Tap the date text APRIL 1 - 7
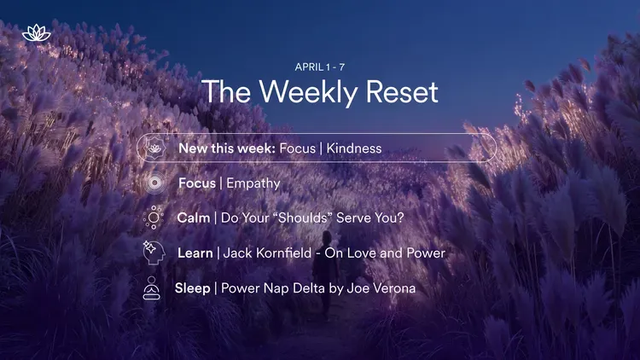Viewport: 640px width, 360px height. pyautogui.click(x=320, y=67)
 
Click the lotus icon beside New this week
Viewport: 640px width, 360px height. pyautogui.click(x=154, y=148)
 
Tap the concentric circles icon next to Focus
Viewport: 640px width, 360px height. pyautogui.click(x=154, y=183)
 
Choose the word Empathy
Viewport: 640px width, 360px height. pyautogui.click(x=253, y=183)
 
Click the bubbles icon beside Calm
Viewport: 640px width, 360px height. pyautogui.click(x=154, y=218)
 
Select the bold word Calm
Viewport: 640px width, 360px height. pyautogui.click(x=194, y=218)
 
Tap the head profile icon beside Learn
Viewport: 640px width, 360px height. pyautogui.click(x=154, y=253)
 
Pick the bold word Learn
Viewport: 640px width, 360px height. pyautogui.click(x=195, y=253)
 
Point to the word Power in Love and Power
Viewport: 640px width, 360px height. pyautogui.click(x=423, y=253)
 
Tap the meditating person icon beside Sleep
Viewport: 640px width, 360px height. pyautogui.click(x=153, y=288)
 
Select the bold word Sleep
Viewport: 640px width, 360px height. pyautogui.click(x=192, y=288)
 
